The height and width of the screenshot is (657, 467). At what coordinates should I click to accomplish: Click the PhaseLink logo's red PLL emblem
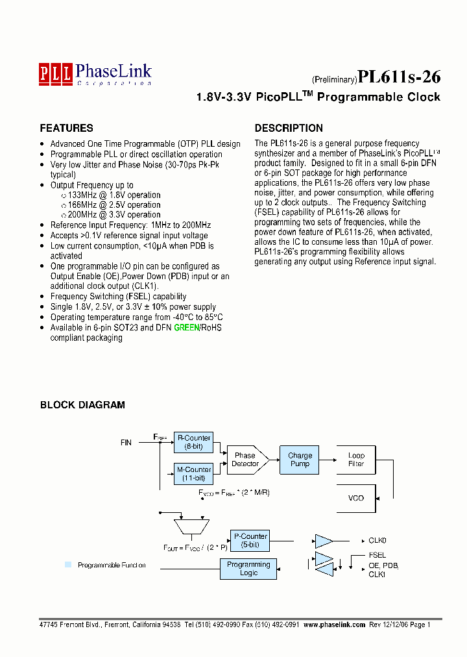click(x=55, y=72)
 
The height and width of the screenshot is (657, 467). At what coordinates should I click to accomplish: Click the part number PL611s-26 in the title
click(x=399, y=77)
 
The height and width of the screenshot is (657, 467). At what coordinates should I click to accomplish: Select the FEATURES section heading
click(x=66, y=129)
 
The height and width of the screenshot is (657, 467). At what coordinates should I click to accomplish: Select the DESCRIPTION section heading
click(x=289, y=129)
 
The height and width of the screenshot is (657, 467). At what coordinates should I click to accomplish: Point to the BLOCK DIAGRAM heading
click(x=82, y=405)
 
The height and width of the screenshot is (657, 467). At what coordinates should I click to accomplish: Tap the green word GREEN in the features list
click(x=186, y=328)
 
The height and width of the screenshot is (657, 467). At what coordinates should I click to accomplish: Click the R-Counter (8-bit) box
click(x=193, y=442)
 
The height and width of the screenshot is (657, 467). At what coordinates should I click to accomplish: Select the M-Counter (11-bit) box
click(x=193, y=473)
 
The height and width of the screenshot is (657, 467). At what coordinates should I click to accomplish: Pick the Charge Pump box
click(x=300, y=460)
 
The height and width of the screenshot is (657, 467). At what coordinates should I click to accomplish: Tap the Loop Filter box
click(x=356, y=460)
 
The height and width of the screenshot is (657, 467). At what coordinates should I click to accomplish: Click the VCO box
click(x=356, y=498)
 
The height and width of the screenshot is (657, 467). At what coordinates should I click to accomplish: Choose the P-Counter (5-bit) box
click(x=250, y=540)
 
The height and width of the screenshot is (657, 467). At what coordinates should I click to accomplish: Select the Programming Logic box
click(x=248, y=569)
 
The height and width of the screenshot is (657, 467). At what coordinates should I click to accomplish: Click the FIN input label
click(x=126, y=443)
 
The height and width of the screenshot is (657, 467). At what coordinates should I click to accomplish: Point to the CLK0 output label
click(x=377, y=540)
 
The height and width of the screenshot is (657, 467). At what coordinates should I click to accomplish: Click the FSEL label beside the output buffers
click(x=377, y=555)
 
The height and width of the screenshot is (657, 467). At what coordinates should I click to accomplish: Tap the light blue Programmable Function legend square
click(x=68, y=565)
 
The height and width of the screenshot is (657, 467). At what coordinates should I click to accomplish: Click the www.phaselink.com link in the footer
click(x=334, y=624)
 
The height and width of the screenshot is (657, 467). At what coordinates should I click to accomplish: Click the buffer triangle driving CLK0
click(x=322, y=540)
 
